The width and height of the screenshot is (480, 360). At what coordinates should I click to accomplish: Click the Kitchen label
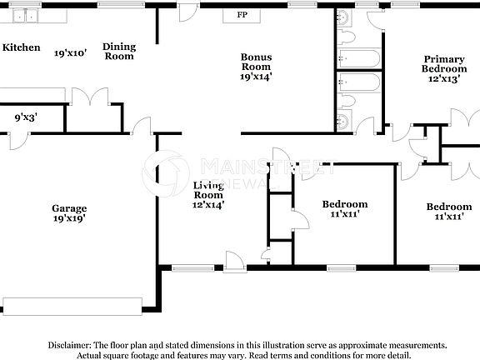click(x=21, y=47)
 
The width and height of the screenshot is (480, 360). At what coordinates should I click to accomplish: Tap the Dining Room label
click(x=118, y=52)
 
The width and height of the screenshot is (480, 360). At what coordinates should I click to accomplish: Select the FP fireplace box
click(x=242, y=16)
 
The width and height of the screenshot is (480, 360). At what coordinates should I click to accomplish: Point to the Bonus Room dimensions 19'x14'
click(x=256, y=77)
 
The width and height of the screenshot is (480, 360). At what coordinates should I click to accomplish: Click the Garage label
click(x=68, y=208)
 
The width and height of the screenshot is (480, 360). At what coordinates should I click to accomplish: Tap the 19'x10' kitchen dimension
click(x=71, y=52)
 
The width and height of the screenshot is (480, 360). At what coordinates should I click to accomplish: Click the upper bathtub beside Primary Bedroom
click(x=359, y=58)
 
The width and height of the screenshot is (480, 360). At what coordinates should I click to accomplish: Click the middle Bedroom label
click(x=344, y=204)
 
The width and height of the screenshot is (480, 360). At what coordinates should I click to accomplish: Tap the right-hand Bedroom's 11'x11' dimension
click(x=448, y=217)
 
